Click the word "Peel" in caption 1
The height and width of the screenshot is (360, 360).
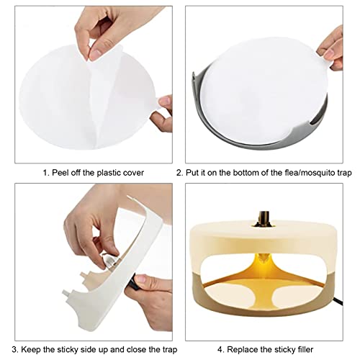click(60, 173)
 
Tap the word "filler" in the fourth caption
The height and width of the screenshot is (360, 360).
click(305, 349)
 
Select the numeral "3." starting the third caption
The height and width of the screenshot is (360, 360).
click(15, 350)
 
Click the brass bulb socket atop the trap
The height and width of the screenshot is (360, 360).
click(264, 219)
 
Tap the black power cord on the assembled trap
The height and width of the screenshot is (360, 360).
click(338, 301)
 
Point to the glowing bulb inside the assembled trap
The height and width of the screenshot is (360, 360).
click(264, 258)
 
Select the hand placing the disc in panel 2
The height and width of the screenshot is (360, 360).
click(330, 50)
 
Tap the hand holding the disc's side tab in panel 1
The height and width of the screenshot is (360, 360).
click(163, 114)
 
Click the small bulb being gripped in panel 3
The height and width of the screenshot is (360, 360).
click(109, 260)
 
